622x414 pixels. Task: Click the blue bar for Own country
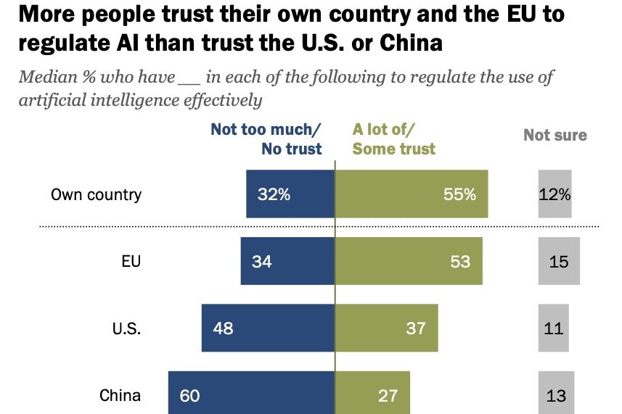click(290, 194)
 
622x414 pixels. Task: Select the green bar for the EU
click(408, 261)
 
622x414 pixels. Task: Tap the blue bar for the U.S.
click(268, 328)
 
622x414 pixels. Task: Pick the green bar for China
click(372, 395)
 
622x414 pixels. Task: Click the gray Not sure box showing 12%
click(555, 194)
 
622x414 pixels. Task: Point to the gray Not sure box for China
click(556, 395)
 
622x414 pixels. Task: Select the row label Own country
click(96, 194)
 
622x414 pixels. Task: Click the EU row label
click(131, 261)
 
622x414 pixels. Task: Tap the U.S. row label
click(126, 328)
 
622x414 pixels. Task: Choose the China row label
click(120, 395)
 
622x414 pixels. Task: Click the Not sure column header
click(555, 135)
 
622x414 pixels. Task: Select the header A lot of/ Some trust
click(394, 139)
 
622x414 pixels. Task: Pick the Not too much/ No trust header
click(266, 139)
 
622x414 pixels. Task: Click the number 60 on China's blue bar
click(189, 395)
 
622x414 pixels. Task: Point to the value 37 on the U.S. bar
click(416, 328)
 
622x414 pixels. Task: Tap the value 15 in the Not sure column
click(559, 262)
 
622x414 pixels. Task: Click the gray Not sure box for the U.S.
click(553, 328)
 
